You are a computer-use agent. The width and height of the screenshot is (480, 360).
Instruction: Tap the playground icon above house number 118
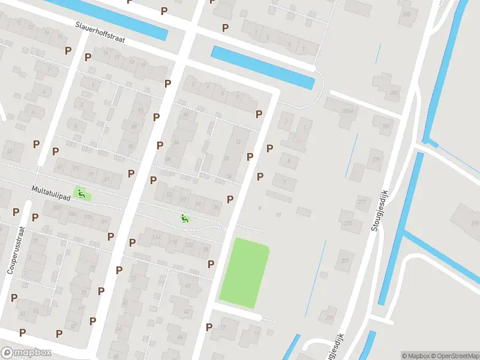(185, 220)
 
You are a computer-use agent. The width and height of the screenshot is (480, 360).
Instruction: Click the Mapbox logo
(26, 353)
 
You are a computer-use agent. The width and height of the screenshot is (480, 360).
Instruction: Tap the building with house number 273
(344, 261)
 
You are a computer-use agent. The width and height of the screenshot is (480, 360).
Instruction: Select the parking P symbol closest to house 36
(230, 199)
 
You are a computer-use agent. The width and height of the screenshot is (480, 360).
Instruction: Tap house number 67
(73, 325)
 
